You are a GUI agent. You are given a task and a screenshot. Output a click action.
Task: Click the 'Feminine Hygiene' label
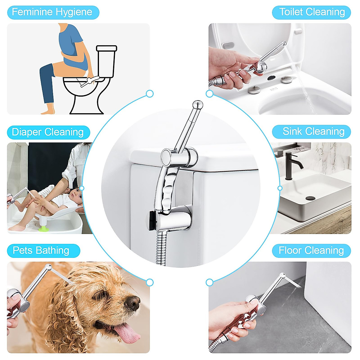52,12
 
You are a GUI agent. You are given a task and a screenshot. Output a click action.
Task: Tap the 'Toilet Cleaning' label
312,12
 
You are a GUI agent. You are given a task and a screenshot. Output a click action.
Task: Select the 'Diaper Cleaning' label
48,132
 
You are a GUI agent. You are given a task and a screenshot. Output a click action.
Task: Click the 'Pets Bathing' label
41,250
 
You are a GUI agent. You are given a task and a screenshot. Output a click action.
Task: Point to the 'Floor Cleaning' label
311,250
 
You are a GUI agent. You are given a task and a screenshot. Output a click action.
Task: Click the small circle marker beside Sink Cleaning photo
280,188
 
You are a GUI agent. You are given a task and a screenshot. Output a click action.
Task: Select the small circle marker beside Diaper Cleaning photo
82,188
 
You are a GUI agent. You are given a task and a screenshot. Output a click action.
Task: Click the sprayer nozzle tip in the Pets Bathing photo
48,267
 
